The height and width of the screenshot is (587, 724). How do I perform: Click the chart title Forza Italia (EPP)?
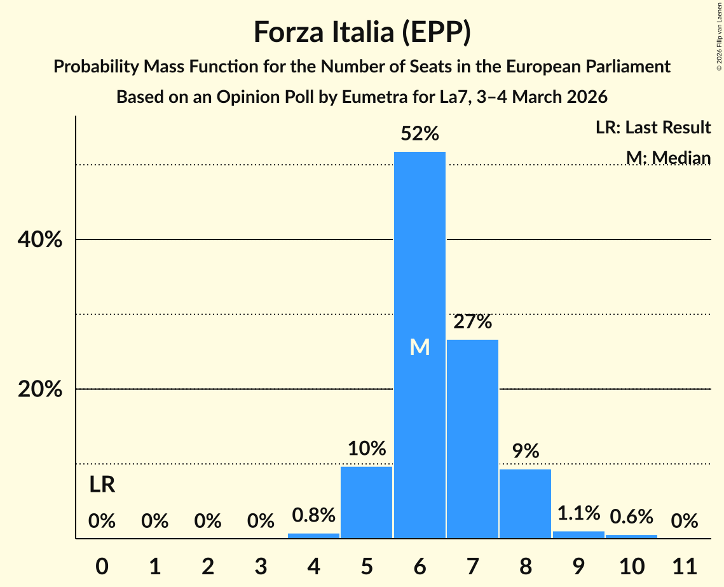tap(362, 32)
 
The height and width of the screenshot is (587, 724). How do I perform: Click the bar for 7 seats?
tap(472, 438)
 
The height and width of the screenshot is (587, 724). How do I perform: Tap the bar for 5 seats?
tap(367, 502)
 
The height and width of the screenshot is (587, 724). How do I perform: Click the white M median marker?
tap(420, 347)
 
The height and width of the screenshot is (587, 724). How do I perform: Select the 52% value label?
tap(420, 134)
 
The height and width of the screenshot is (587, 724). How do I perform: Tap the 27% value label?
tap(472, 322)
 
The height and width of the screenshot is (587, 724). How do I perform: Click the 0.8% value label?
tap(313, 515)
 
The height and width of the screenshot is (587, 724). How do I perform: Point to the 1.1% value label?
tap(578, 513)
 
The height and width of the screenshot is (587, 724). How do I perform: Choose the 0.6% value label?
tap(631, 516)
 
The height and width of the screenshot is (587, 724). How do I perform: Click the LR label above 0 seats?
tap(102, 485)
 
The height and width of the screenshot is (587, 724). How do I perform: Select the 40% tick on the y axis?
tap(40, 240)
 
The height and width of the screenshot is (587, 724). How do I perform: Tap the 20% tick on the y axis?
tap(40, 389)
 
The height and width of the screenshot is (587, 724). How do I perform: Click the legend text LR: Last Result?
tap(653, 128)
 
